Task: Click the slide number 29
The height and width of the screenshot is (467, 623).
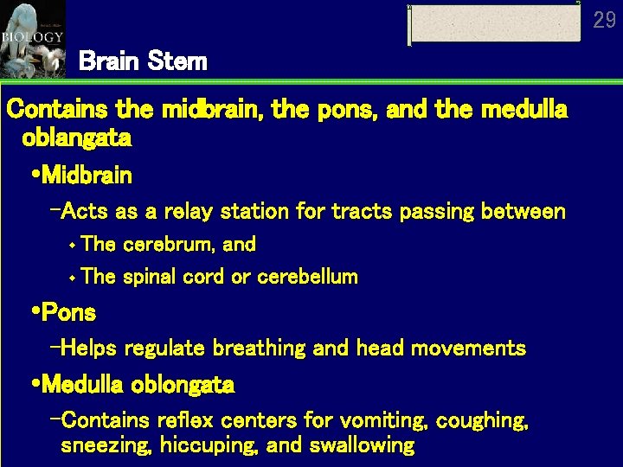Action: (605, 19)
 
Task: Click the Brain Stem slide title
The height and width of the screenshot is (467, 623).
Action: (143, 61)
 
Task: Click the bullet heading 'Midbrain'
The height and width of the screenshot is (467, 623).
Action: (87, 176)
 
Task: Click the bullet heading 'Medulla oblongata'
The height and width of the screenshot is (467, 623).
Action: (138, 383)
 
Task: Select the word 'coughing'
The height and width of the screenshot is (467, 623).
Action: (483, 421)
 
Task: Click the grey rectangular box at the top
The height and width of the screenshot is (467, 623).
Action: (494, 24)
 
